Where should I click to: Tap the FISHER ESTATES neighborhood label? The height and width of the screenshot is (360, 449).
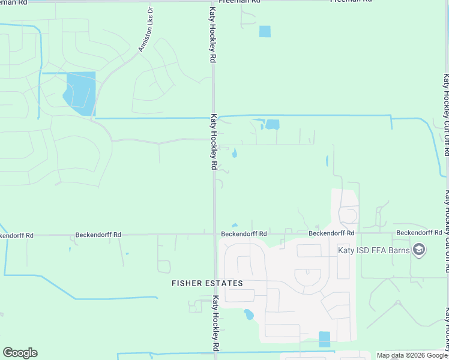pos(207,283)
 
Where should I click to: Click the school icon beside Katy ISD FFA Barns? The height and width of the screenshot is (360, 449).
pos(419,250)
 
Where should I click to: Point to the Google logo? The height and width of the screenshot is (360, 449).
pos(20,353)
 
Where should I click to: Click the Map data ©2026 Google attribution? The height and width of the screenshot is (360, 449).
pos(412,355)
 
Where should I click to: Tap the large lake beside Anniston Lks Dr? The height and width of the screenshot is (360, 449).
pos(80,92)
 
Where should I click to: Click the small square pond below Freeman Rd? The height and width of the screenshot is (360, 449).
pos(265,31)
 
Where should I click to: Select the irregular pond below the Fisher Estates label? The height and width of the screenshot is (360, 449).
pos(249,314)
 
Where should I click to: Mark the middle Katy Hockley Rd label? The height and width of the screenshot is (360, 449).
pos(213,142)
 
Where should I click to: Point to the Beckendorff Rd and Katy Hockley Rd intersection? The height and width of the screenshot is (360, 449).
pos(215,235)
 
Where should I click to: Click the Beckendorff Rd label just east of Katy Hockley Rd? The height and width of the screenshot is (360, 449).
pos(244,233)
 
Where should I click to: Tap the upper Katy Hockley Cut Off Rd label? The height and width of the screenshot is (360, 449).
pos(446,115)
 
